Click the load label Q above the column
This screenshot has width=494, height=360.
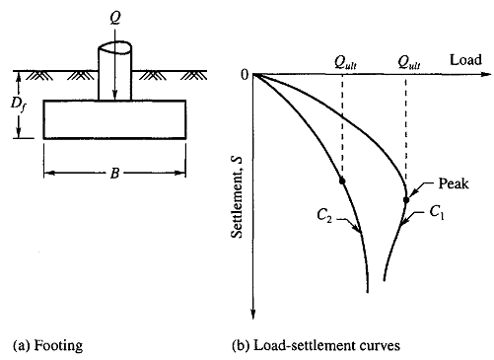click(x=115, y=18)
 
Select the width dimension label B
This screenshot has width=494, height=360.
click(x=114, y=173)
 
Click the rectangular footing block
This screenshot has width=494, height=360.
click(x=114, y=119)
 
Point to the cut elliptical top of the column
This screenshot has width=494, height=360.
click(x=115, y=47)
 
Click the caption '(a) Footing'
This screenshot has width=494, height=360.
click(x=47, y=345)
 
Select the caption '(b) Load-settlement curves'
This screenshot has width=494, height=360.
click(x=316, y=345)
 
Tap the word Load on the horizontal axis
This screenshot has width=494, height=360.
click(x=465, y=60)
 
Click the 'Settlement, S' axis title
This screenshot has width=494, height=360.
click(x=237, y=197)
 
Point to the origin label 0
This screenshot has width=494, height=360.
click(x=245, y=75)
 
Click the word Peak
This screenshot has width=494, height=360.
click(x=454, y=183)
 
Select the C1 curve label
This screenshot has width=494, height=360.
click(x=437, y=213)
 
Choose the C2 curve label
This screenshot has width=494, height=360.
click(x=324, y=216)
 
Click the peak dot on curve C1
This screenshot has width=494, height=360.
click(x=406, y=200)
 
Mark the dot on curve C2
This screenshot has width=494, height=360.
click(x=342, y=180)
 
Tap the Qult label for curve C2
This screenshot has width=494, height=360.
click(x=345, y=62)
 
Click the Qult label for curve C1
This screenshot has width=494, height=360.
click(x=409, y=62)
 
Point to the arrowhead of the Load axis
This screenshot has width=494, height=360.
click(x=486, y=74)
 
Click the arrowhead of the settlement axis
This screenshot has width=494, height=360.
click(x=253, y=314)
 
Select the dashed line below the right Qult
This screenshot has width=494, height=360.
click(x=406, y=136)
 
